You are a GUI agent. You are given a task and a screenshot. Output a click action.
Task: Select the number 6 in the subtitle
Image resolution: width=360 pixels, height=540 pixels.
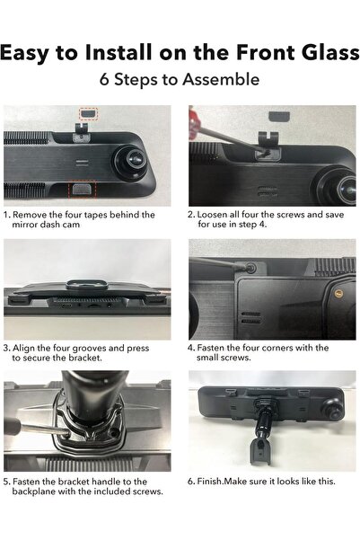tap(105, 80)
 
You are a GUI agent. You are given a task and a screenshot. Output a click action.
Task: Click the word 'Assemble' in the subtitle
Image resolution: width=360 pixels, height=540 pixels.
tap(220, 80)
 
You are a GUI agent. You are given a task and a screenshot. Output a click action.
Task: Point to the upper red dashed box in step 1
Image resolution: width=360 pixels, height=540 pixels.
tap(87, 114)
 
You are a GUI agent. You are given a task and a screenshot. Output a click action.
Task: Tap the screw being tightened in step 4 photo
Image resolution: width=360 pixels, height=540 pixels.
tap(250, 268)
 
